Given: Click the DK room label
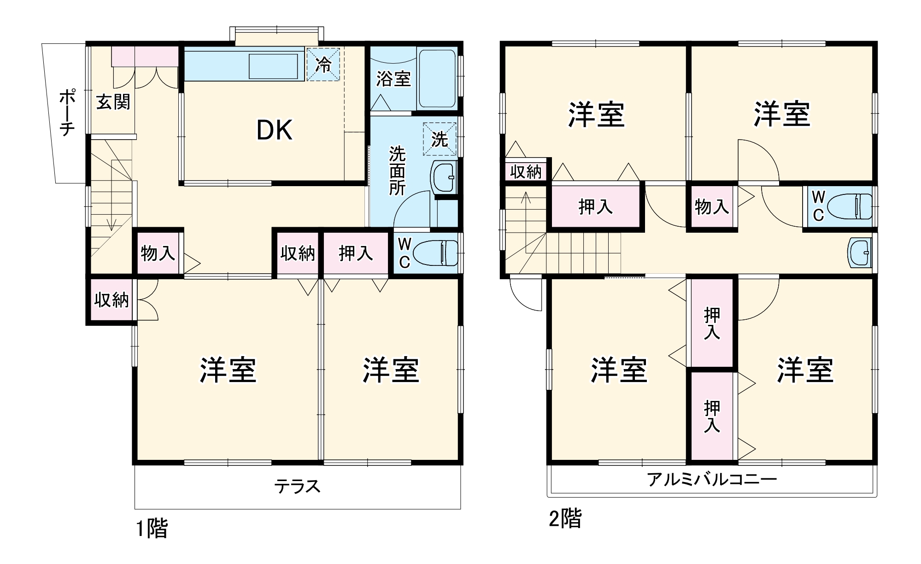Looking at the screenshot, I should pyautogui.click(x=274, y=130).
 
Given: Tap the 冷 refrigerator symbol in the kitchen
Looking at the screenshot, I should pyautogui.click(x=323, y=65).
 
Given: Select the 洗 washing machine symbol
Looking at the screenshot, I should pyautogui.click(x=439, y=139).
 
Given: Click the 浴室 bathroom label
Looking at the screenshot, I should pyautogui.click(x=393, y=79).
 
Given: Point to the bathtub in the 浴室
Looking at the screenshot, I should pyautogui.click(x=436, y=78).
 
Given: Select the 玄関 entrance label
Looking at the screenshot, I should pyautogui.click(x=113, y=102).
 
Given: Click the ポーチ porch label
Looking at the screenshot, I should pyautogui.click(x=67, y=113).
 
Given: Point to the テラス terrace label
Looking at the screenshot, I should pyautogui.click(x=297, y=487).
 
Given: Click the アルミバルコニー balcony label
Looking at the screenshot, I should pyautogui.click(x=712, y=480).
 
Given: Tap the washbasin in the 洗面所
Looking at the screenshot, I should pyautogui.click(x=444, y=177).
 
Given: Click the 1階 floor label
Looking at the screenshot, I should pyautogui.click(x=152, y=529).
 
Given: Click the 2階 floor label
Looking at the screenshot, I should pyautogui.click(x=565, y=518).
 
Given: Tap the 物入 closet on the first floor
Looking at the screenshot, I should pyautogui.click(x=158, y=253).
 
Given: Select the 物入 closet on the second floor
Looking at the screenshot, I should pyautogui.click(x=712, y=207).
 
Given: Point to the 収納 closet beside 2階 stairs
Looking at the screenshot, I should pyautogui.click(x=526, y=172).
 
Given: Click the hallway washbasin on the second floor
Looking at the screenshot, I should pyautogui.click(x=860, y=253).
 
